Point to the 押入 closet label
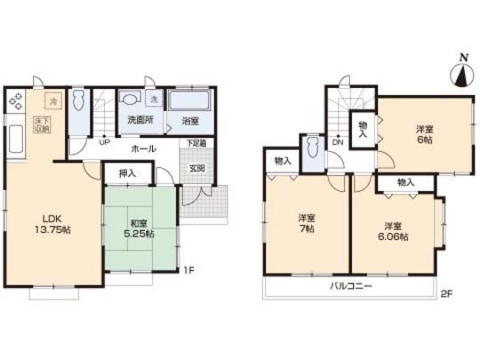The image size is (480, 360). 126,174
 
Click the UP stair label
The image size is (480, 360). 104,142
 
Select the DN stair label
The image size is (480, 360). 338,141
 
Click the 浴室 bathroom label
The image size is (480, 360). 188,119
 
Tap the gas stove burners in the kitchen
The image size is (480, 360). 19,101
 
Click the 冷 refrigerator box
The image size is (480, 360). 52,101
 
